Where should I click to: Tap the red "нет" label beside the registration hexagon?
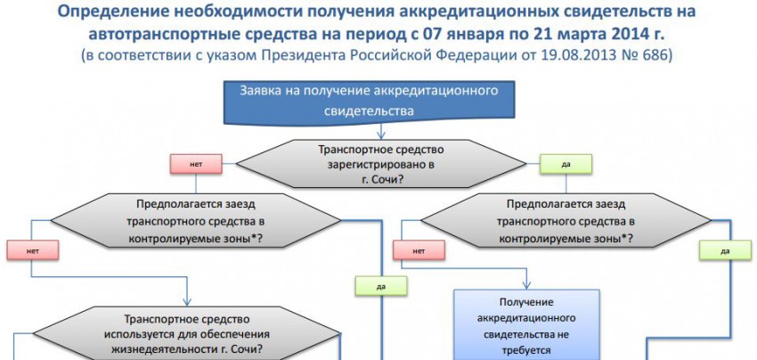[195, 165]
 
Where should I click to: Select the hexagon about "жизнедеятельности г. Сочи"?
[192, 333]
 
